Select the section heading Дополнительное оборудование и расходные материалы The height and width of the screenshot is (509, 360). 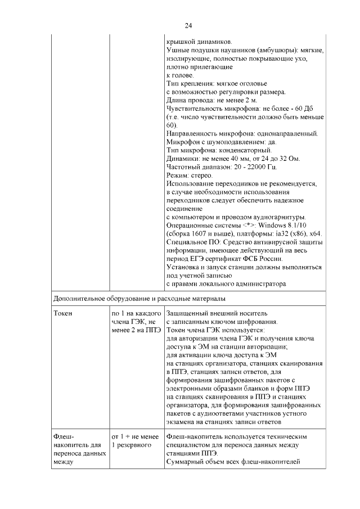pyautogui.click(x=141, y=297)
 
